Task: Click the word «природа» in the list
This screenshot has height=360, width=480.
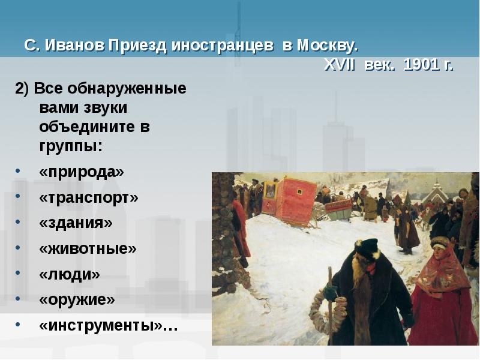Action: point(82,172)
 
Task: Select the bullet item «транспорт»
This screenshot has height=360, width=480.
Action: point(89,197)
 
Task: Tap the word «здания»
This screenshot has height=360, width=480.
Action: point(76,223)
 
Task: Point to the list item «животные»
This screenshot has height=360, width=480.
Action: point(88,248)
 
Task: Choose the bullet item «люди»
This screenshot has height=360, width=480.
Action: point(70,274)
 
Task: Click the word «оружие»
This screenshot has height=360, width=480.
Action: point(77,299)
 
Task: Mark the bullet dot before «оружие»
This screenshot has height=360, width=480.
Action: point(19,300)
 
